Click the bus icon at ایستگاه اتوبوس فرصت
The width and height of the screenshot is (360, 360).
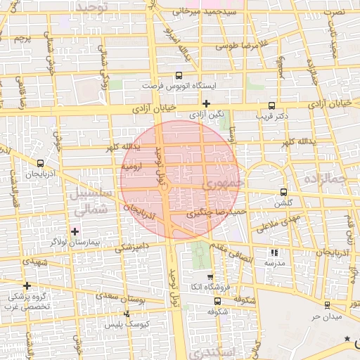click(179, 75)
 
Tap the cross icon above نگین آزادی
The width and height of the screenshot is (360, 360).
click(205, 103)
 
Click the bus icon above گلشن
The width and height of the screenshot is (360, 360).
click(283, 191)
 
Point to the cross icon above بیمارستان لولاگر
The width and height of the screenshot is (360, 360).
click(75, 231)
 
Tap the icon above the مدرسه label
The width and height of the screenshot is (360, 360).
click(274, 252)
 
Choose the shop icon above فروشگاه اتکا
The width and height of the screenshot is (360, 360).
click(210, 278)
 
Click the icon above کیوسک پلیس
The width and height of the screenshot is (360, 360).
click(127, 314)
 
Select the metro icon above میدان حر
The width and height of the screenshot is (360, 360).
click(327, 304)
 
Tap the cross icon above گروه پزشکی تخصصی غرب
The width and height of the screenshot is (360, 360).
click(27, 285)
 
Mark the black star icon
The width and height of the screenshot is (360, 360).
click(347, 340)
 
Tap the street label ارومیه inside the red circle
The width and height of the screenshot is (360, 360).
click(132, 167)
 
